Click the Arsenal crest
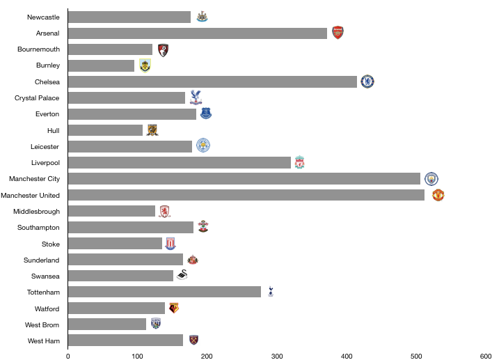tap(338, 33)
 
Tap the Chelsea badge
tap(367, 81)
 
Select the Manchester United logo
tap(438, 195)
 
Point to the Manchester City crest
tap(431, 179)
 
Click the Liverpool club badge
tap(299, 162)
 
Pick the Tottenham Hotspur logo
tap(271, 291)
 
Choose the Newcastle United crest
tap(202, 16)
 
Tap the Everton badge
tap(206, 113)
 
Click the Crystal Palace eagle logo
tap(196, 97)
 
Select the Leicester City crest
tap(203, 146)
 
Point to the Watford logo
tap(174, 308)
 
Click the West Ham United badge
tap(193, 340)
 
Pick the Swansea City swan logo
tap(182, 275)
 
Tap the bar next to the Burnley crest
tap(101, 65)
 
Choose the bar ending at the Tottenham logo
tap(164, 292)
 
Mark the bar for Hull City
tap(105, 130)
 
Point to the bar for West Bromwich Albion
tap(107, 324)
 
